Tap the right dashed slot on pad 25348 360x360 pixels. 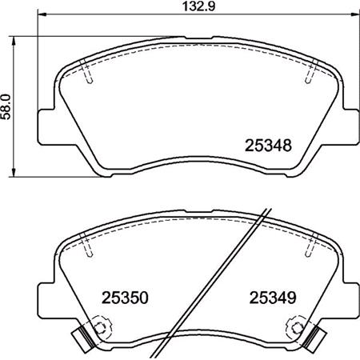[309, 74]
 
